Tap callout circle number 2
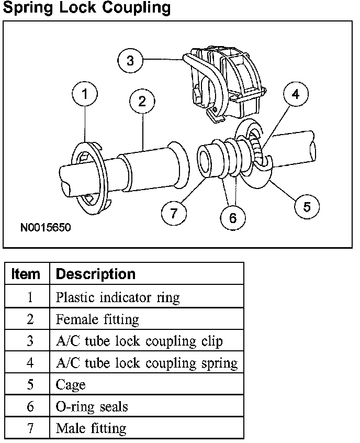click(x=142, y=101)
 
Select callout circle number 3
click(x=130, y=61)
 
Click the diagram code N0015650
click(x=46, y=228)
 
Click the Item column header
click(x=26, y=274)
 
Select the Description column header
click(x=95, y=274)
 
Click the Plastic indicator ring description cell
click(x=117, y=298)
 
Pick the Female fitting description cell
click(x=97, y=319)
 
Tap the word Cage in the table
click(x=70, y=385)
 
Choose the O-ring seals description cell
click(x=92, y=407)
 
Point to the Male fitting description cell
click(x=91, y=428)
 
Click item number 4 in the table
click(x=30, y=363)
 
